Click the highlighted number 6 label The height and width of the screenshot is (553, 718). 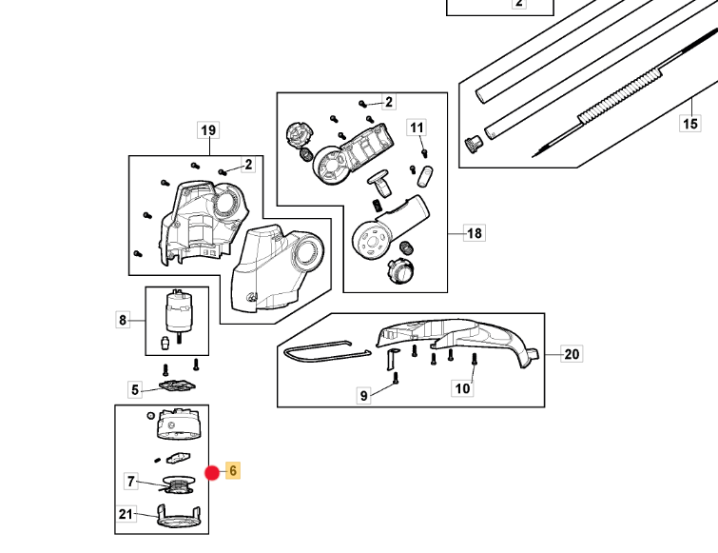pyautogui.click(x=233, y=470)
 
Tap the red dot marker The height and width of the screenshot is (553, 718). pyautogui.click(x=212, y=473)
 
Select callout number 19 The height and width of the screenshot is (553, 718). pyautogui.click(x=208, y=130)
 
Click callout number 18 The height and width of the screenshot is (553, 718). pyautogui.click(x=474, y=233)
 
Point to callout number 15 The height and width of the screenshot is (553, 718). pyautogui.click(x=689, y=124)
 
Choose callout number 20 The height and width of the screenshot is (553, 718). pyautogui.click(x=572, y=354)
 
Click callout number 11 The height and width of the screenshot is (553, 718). pyautogui.click(x=417, y=128)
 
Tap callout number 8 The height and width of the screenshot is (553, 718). pyautogui.click(x=123, y=320)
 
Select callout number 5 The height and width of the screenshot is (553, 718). pyautogui.click(x=135, y=390)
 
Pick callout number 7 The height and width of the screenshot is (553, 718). pyautogui.click(x=131, y=482)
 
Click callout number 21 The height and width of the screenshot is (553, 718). pyautogui.click(x=126, y=514)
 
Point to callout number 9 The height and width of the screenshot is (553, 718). pyautogui.click(x=363, y=395)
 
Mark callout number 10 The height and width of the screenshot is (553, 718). pyautogui.click(x=462, y=388)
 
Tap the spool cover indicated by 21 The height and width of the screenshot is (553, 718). pyautogui.click(x=179, y=516)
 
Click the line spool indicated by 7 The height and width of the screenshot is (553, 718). pyautogui.click(x=178, y=484)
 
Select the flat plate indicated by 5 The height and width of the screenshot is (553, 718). pyautogui.click(x=177, y=385)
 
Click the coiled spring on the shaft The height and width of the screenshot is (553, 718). pyautogui.click(x=619, y=94)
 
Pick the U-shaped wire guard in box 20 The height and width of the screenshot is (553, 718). pyautogui.click(x=326, y=352)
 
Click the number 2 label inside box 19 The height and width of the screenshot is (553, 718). pyautogui.click(x=248, y=165)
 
